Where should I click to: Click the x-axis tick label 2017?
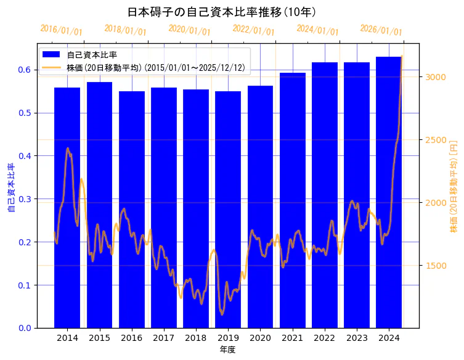164,338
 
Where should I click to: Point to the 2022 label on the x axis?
325,338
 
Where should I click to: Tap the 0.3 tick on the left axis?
25,199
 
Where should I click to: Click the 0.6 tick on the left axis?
25,70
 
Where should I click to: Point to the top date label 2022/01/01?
253,30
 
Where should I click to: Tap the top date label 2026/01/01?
381,30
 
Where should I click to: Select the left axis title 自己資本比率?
10,188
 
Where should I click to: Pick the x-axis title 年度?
228,350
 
